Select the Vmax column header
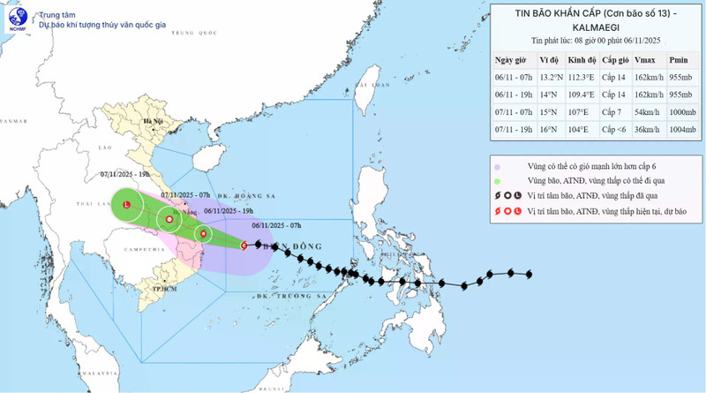click(x=644, y=60)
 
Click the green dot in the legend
click(x=498, y=182)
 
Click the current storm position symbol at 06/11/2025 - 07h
click(x=244, y=246)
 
